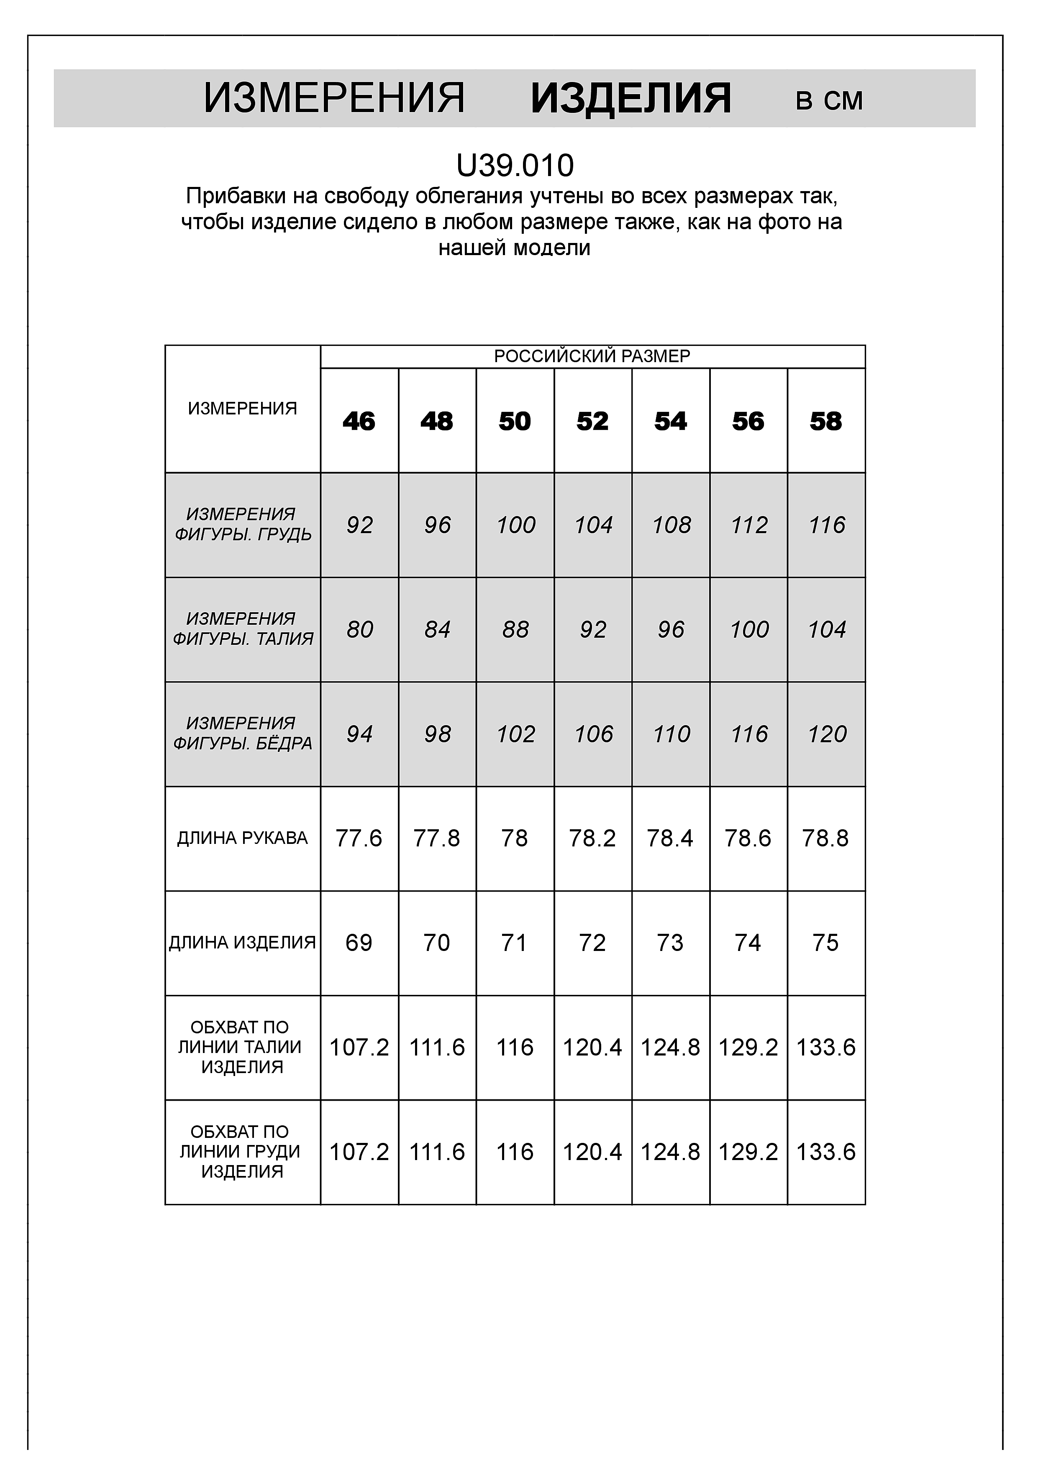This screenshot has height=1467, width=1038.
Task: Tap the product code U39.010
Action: point(515,166)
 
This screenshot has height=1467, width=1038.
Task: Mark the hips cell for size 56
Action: point(748,734)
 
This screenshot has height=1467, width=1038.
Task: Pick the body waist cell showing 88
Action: point(515,630)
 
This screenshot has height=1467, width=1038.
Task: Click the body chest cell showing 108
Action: point(671,525)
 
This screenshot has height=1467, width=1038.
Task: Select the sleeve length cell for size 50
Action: point(515,838)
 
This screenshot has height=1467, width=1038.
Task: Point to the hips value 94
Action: point(359,734)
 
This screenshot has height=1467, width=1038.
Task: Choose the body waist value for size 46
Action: point(359,630)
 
